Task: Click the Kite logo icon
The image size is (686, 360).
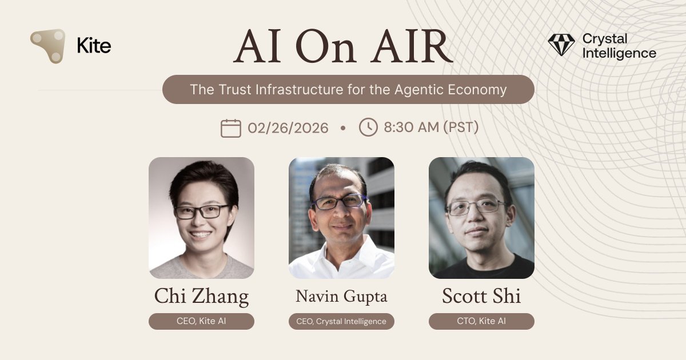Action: [47, 46]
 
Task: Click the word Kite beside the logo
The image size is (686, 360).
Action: [94, 45]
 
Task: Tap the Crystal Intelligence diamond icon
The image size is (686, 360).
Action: [561, 45]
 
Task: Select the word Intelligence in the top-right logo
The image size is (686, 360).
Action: [619, 54]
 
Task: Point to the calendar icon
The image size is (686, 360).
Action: [230, 127]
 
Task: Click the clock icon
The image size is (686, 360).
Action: [368, 127]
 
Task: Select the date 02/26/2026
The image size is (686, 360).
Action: [288, 127]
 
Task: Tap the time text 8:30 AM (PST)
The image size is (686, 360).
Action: [431, 127]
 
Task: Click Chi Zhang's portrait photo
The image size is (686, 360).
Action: [201, 218]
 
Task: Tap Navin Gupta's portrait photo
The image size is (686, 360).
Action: [341, 218]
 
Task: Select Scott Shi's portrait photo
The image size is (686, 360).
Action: [481, 218]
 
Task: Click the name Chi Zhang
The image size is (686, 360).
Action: [201, 297]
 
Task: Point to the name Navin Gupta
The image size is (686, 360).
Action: [341, 297]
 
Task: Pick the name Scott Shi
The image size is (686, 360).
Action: [481, 297]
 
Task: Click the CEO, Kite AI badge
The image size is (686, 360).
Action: [201, 321]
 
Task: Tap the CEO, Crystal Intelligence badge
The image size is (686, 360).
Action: [341, 321]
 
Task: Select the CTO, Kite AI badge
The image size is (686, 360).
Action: [481, 321]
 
